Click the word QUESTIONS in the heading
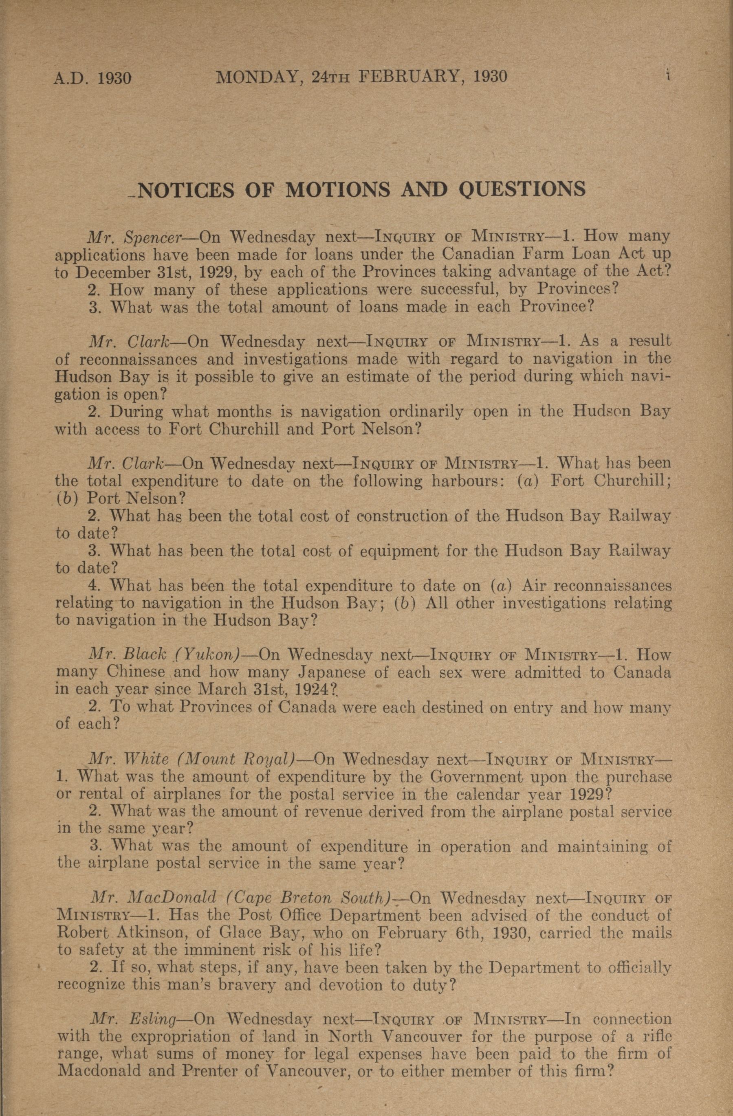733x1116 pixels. [522, 189]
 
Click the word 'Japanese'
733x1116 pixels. [332, 672]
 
